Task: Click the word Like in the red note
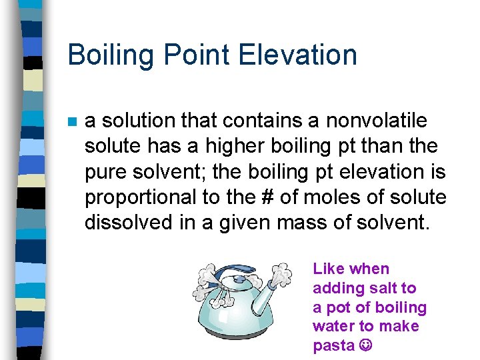point(328,269)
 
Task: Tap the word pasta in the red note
point(333,345)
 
